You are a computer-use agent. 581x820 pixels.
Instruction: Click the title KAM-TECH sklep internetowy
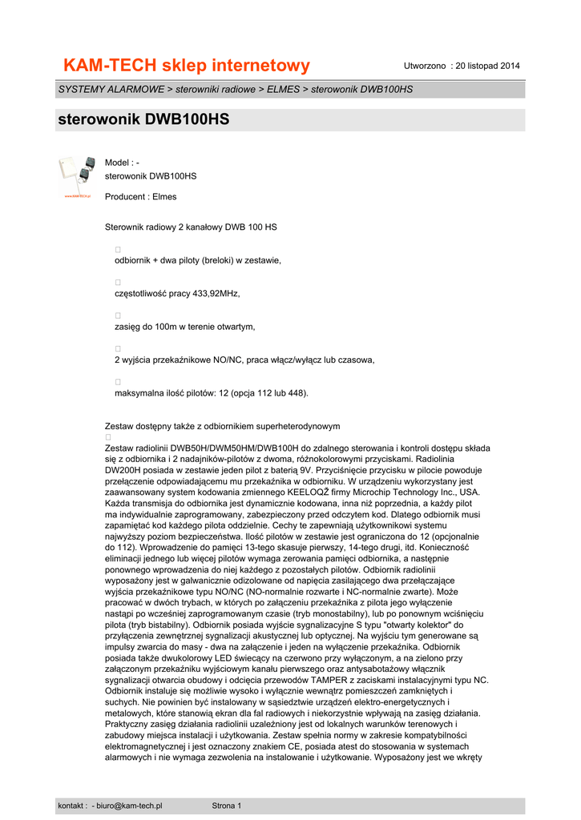(187, 65)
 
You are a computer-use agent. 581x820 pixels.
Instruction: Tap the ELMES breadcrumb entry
(284, 89)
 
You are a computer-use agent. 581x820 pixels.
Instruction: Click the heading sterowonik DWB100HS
(144, 120)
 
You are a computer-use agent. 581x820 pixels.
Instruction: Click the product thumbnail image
(78, 176)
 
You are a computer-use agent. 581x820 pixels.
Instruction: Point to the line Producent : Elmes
(141, 196)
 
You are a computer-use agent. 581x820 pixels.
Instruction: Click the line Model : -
(123, 163)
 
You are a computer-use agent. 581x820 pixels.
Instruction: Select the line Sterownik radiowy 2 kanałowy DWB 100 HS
(192, 227)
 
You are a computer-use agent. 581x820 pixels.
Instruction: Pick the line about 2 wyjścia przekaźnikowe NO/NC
(244, 360)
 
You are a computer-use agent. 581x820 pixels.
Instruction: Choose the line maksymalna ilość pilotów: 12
(212, 393)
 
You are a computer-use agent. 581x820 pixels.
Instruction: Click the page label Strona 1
(226, 806)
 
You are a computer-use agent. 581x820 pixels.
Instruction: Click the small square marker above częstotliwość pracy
(118, 283)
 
